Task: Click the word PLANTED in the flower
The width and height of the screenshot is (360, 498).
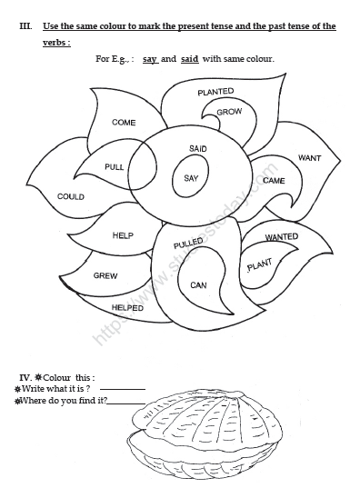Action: pos(215,92)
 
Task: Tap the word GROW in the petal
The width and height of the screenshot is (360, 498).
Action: pos(229,112)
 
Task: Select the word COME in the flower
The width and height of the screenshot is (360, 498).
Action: pos(124,122)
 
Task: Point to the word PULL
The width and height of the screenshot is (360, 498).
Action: pos(115,167)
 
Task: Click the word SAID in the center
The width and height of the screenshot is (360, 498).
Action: pos(198,148)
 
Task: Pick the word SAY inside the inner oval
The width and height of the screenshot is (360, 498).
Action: pos(191,178)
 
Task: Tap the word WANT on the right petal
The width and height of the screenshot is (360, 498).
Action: pos(309,158)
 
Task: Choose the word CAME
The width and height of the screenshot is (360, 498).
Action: pos(274,180)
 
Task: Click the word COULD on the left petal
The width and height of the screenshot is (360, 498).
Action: pos(71,196)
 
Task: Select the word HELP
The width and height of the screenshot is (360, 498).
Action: pos(123,235)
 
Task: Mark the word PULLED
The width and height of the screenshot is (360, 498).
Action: pos(188,244)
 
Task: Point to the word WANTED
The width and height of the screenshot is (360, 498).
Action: pos(282,238)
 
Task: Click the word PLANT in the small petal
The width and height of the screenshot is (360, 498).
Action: pos(259,265)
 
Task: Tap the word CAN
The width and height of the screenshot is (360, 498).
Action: pos(198,285)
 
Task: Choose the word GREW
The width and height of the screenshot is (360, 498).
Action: pos(105,274)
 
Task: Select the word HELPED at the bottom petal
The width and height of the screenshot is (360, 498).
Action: pos(127,308)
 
